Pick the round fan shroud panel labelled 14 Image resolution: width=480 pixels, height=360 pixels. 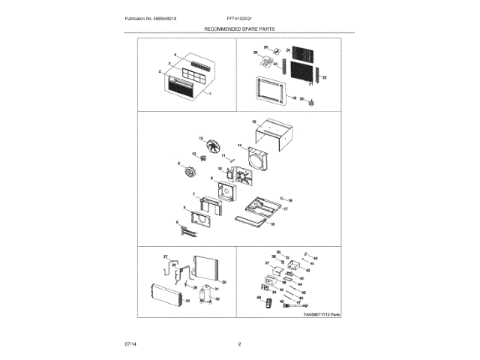coord(256,158)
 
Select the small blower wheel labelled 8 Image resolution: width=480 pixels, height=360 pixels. coord(188,174)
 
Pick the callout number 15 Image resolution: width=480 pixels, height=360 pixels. coord(254,121)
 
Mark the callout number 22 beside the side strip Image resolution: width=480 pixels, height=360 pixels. coord(325,78)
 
